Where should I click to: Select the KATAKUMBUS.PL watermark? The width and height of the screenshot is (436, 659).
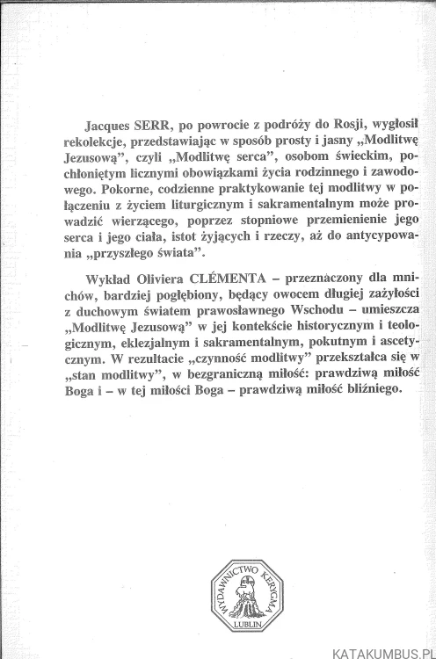(381, 651)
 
